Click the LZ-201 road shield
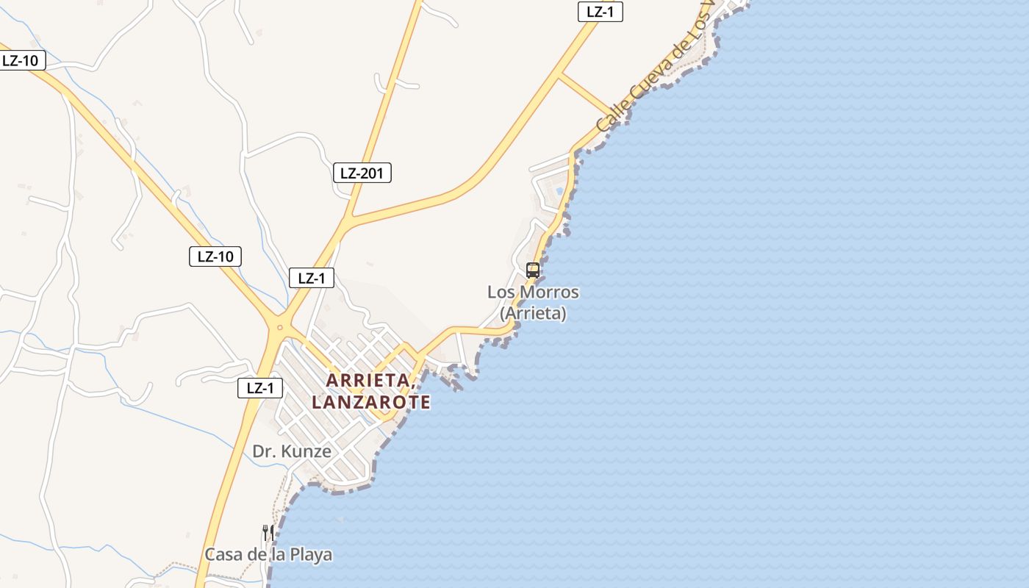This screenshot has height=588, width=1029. coord(362,173)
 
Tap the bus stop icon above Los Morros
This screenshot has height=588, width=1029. coord(533,270)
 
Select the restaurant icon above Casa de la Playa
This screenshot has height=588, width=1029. coord(268,532)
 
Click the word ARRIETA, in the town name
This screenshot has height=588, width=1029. coord(368,381)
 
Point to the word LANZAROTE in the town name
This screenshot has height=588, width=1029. coord(371,403)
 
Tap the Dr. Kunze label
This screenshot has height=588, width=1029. coord(292,451)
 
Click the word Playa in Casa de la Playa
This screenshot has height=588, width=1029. coord(310,555)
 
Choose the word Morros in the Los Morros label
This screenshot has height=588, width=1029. coord(549,293)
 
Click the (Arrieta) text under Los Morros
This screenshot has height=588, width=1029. coord(533,313)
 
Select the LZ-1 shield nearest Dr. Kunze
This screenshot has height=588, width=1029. coord(260,388)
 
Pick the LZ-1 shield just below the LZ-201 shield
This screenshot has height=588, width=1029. coord(312,278)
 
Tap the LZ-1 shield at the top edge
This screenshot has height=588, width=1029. coord(600,12)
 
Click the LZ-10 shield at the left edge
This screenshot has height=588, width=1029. coord(21,60)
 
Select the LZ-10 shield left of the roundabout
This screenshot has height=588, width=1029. coord(215,257)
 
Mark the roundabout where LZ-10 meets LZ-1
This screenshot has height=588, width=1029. coord(279,326)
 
